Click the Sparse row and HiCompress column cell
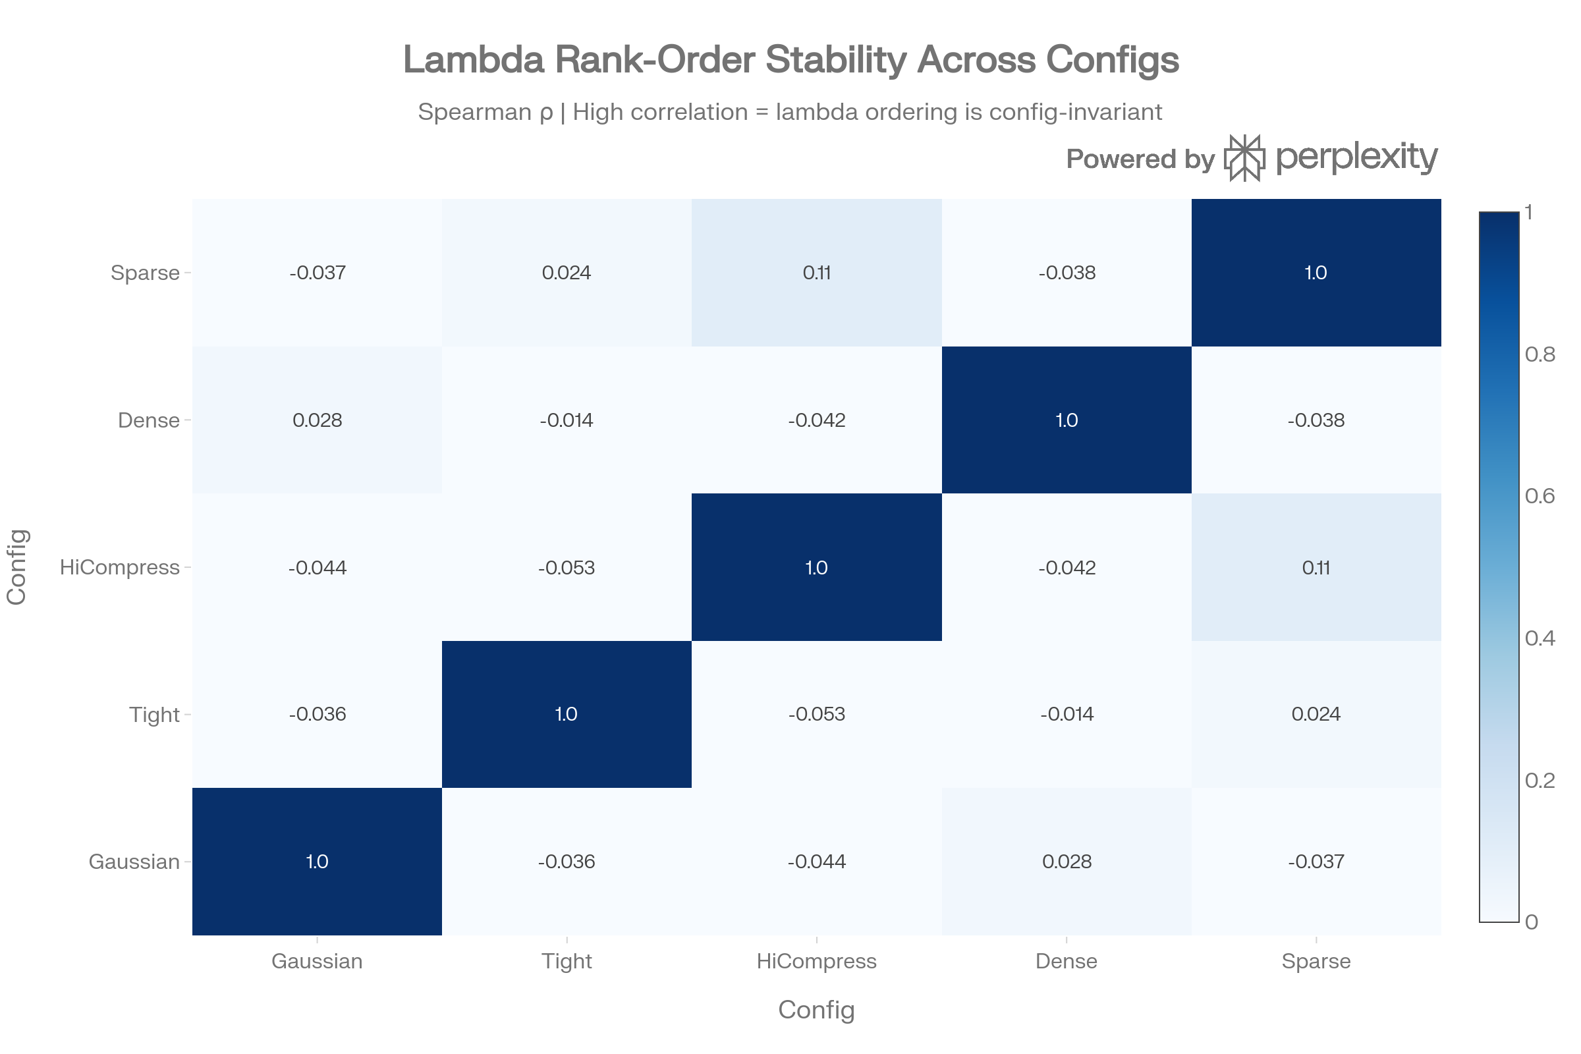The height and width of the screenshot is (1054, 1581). tap(816, 272)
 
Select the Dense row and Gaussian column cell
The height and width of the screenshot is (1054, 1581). tap(317, 420)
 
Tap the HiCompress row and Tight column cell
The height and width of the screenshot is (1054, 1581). tap(566, 567)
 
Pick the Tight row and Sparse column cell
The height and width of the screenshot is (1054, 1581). tap(1316, 714)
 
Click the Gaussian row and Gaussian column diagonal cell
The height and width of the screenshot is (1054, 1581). tap(317, 861)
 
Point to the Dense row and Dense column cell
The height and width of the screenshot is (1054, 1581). tap(1066, 420)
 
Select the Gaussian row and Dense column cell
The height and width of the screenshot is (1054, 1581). tap(1066, 861)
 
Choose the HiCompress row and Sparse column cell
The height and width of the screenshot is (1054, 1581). tap(1316, 567)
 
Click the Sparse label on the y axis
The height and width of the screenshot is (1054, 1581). tap(145, 273)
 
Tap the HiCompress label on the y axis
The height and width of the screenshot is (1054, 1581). tap(120, 567)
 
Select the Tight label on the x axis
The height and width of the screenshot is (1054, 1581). tap(566, 961)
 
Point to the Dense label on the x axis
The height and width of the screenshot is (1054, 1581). tap(1066, 961)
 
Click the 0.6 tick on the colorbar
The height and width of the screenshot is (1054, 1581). tap(1539, 496)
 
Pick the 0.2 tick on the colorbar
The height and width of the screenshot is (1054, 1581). tap(1539, 781)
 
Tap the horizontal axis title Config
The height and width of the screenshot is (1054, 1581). tap(816, 1010)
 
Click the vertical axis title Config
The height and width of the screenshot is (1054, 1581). tap(17, 567)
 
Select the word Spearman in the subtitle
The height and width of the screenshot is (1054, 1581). tap(474, 112)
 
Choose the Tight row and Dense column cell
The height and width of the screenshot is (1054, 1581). tap(1066, 714)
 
